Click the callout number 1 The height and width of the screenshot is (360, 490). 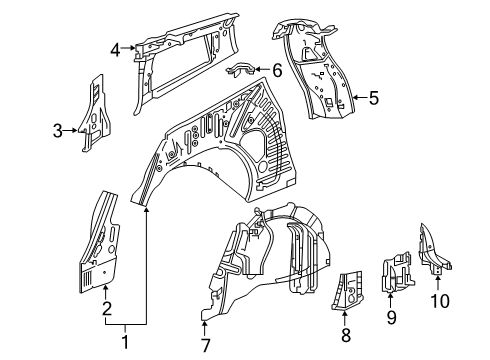tap(124, 343)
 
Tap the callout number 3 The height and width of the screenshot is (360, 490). tap(57, 129)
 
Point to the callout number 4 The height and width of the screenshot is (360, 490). tap(115, 47)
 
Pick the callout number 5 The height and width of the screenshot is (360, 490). tap(373, 97)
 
